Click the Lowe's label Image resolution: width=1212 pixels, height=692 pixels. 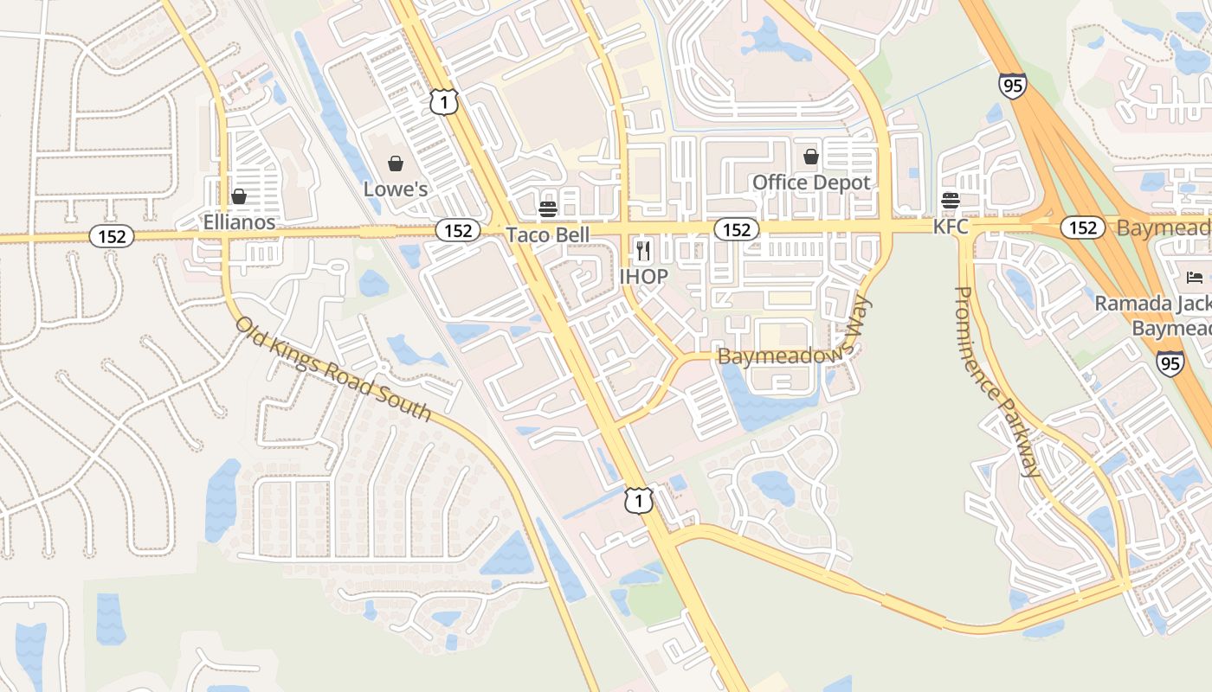click(396, 189)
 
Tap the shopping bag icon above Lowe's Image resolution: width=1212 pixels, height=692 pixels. click(396, 163)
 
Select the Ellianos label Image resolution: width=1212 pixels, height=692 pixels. click(239, 222)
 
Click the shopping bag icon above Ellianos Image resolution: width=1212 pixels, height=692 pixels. click(239, 196)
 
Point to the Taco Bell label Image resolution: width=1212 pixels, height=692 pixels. click(547, 234)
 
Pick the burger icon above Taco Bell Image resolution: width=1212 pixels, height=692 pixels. click(547, 208)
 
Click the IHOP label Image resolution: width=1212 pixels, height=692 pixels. click(643, 277)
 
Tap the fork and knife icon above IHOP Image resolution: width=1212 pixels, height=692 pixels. click(643, 251)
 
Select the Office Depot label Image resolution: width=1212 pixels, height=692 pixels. click(811, 183)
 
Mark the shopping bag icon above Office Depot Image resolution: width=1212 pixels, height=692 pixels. click(811, 157)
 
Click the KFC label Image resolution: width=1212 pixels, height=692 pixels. click(951, 227)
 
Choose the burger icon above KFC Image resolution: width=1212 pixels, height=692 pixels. click(951, 201)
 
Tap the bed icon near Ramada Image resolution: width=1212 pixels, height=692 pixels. click(1195, 278)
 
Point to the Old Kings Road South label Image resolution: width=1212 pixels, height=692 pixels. click(333, 368)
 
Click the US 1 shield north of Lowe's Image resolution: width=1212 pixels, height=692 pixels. click(443, 101)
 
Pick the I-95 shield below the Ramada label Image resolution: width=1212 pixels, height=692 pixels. click(1170, 362)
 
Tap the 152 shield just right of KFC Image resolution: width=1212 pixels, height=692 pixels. click(1082, 227)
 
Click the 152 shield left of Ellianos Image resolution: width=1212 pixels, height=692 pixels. click(112, 236)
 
